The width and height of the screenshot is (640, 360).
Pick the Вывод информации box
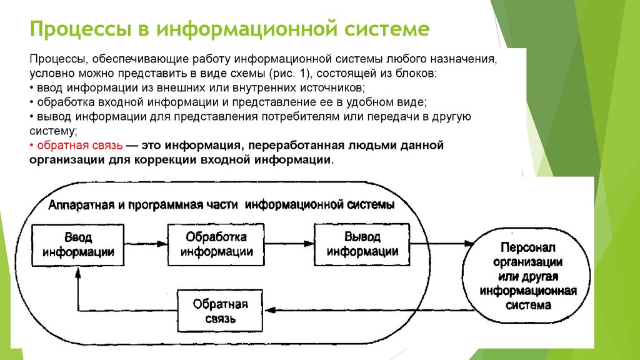click(362, 244)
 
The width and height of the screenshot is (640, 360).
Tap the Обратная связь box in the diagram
click(219, 311)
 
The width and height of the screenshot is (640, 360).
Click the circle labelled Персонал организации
click(529, 275)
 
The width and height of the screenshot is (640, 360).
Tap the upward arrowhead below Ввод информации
click(77, 272)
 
